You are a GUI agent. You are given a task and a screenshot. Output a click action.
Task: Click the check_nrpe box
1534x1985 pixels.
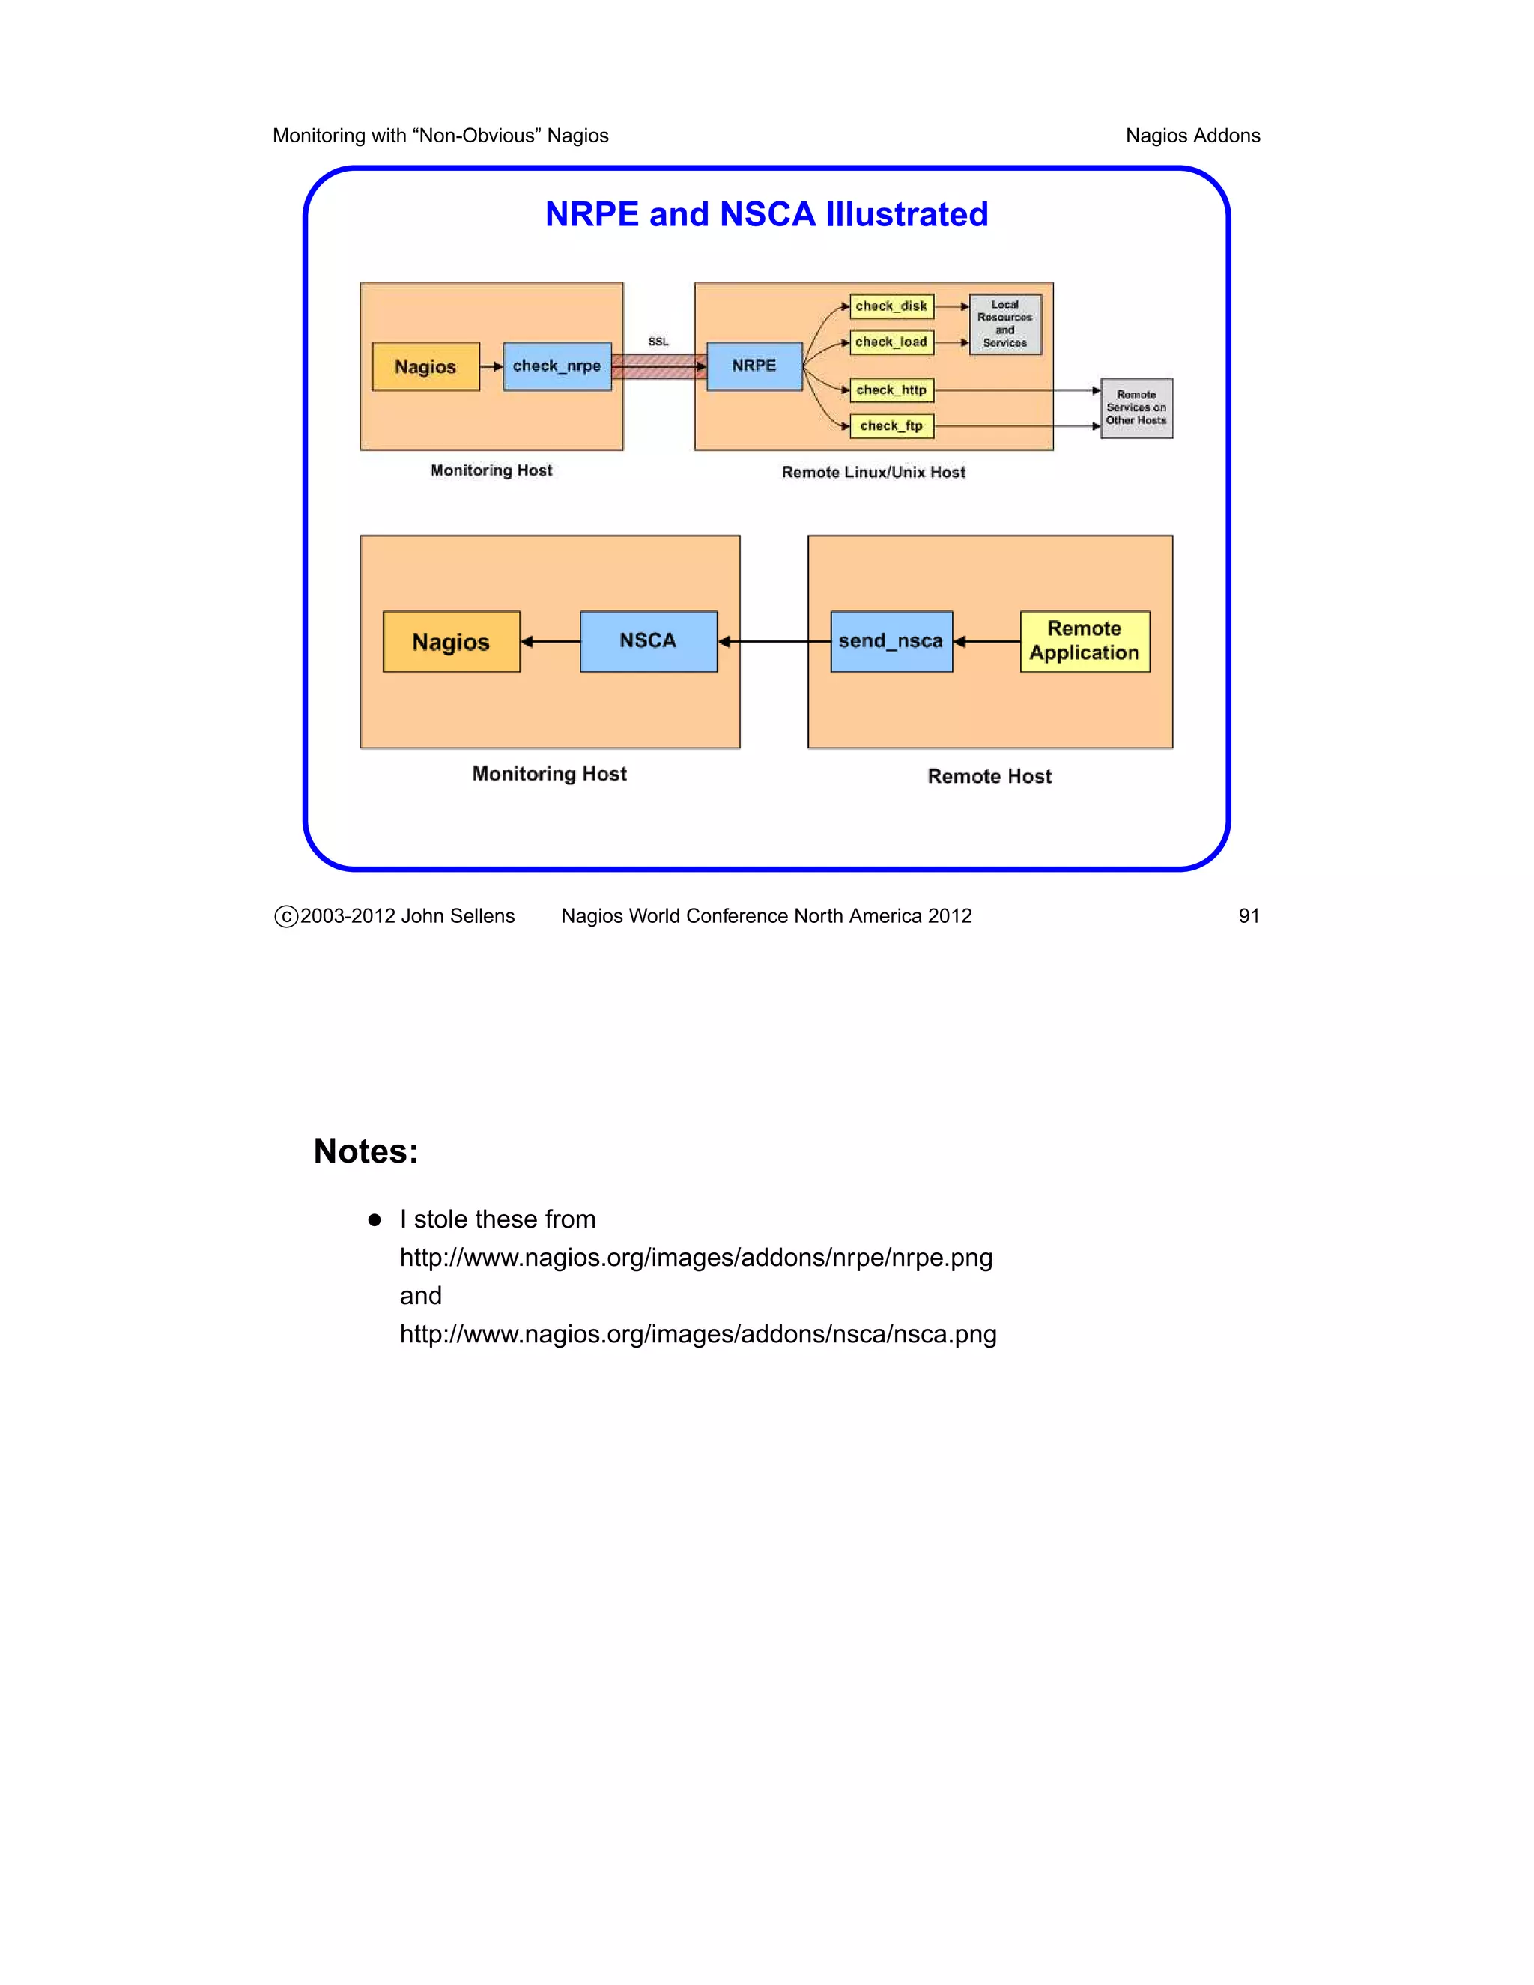pyautogui.click(x=557, y=366)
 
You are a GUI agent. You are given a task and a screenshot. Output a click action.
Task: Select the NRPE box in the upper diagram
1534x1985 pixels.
pyautogui.click(x=754, y=366)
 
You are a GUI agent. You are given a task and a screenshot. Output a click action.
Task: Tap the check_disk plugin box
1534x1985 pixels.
pyautogui.click(x=891, y=306)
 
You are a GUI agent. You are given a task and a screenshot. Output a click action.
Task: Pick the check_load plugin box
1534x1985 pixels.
pyautogui.click(x=891, y=342)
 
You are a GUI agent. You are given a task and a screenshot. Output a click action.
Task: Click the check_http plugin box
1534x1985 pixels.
pyautogui.click(x=891, y=390)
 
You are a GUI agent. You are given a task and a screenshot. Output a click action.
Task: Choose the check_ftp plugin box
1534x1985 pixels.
pyautogui.click(x=891, y=426)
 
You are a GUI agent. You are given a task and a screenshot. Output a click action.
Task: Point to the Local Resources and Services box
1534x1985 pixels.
pyautogui.click(x=1004, y=324)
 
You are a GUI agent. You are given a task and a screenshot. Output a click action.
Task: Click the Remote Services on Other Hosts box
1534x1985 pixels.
pyautogui.click(x=1136, y=408)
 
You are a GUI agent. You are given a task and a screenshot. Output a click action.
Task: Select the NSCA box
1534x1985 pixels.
pyautogui.click(x=648, y=642)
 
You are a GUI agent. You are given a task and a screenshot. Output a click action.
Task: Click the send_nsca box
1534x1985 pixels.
pyautogui.click(x=891, y=642)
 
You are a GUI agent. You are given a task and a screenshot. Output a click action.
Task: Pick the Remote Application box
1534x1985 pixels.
pyautogui.click(x=1084, y=642)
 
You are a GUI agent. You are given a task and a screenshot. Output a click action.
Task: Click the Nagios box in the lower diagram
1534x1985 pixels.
pyautogui.click(x=451, y=642)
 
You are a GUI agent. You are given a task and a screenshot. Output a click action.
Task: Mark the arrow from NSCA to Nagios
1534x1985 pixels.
pyautogui.click(x=551, y=642)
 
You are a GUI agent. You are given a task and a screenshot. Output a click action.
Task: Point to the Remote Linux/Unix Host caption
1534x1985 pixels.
pyautogui.click(x=873, y=473)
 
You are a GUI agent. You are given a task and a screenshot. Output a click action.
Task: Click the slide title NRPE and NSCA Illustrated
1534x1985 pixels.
pyautogui.click(x=766, y=214)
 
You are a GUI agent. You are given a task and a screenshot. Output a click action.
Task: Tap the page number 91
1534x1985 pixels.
pyautogui.click(x=1249, y=916)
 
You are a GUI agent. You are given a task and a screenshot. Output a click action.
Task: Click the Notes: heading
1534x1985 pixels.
pyautogui.click(x=366, y=1151)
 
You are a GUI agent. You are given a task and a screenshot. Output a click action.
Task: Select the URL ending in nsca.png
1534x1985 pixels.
pyautogui.click(x=698, y=1334)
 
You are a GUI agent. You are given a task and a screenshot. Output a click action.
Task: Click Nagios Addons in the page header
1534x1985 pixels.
pyautogui.click(x=1192, y=136)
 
